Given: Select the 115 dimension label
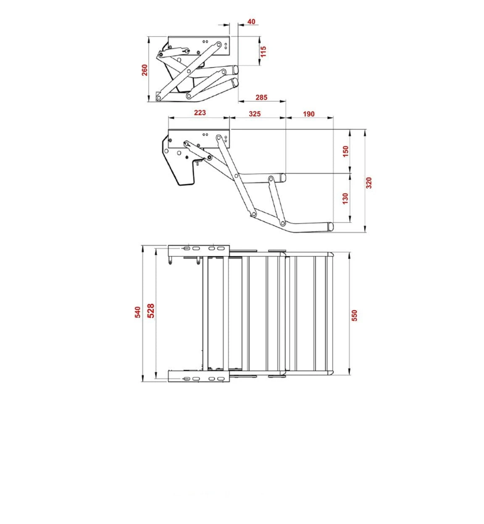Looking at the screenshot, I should click(263, 51).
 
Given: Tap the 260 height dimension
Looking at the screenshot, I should click(145, 69).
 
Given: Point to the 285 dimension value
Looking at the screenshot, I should click(261, 98).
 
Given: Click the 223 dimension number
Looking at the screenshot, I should click(200, 113).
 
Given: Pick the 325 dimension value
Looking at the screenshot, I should click(255, 114).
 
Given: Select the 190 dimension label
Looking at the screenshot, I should click(308, 114).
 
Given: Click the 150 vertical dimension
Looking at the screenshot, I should click(346, 152).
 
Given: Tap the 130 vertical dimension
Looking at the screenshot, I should click(345, 198).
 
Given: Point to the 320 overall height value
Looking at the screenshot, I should click(369, 183).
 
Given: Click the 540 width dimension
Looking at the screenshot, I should click(137, 312).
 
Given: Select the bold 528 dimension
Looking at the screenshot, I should click(151, 311).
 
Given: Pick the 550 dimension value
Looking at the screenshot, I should click(354, 315).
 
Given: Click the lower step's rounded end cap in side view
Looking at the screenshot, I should click(330, 226).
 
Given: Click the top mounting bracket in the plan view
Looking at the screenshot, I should click(198, 250).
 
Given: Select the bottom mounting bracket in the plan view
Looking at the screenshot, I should click(198, 376).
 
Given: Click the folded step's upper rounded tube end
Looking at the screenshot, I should click(236, 69).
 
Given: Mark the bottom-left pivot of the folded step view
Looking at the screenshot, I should click(159, 98).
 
